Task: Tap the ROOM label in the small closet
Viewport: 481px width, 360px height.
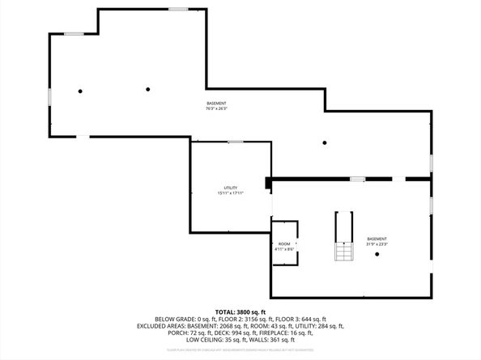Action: pos(284,244)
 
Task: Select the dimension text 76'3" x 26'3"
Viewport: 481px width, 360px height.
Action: pos(216,108)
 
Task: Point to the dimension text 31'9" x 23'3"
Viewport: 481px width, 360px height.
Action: pos(377,244)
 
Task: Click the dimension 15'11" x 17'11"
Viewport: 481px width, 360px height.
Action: pos(230,193)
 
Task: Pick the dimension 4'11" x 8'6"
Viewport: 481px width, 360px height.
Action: pos(284,249)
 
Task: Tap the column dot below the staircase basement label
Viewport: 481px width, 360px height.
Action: pos(377,255)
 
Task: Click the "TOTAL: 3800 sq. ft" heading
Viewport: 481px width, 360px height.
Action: pos(240,311)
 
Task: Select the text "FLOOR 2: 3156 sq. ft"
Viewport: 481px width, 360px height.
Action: pos(235,319)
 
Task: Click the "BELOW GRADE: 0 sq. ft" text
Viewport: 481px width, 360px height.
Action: pos(173,319)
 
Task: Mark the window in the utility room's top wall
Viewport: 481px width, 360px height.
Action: pos(235,142)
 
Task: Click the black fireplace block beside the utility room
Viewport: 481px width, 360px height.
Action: pos(268,184)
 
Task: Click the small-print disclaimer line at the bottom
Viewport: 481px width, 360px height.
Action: pos(240,349)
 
